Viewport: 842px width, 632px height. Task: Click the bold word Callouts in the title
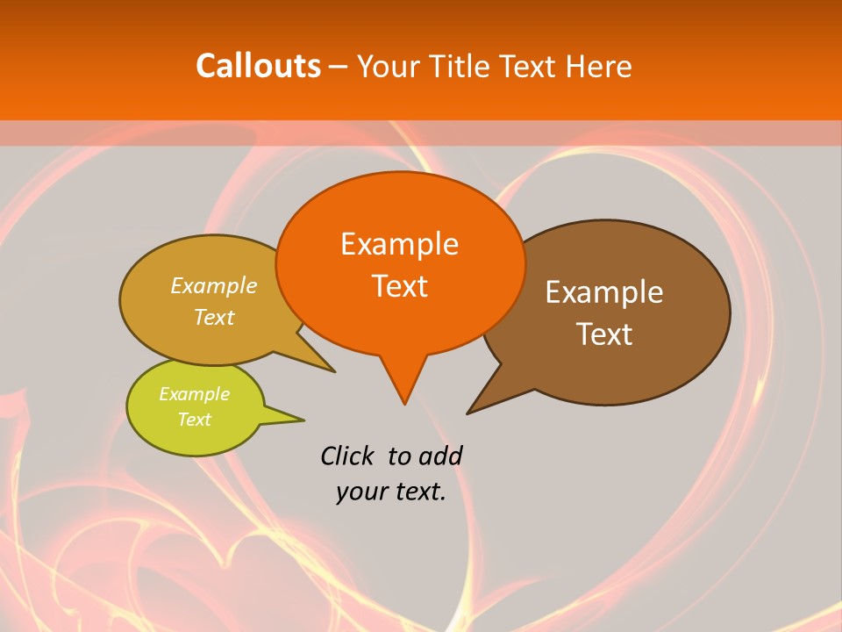[258, 66]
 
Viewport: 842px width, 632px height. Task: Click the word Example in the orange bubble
[399, 243]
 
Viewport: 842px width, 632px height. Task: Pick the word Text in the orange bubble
[399, 285]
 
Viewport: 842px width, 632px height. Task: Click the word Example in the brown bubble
[604, 291]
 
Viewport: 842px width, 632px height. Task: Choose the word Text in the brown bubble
[604, 334]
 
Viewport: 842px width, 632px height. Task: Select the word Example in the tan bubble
[214, 285]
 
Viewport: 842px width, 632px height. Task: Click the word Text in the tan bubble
[214, 317]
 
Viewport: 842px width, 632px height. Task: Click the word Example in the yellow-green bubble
[194, 394]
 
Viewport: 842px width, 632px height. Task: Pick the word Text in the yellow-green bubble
[194, 420]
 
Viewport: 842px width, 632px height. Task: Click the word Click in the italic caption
[346, 456]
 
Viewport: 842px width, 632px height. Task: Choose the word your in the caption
[362, 492]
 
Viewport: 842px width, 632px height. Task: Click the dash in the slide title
[339, 67]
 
